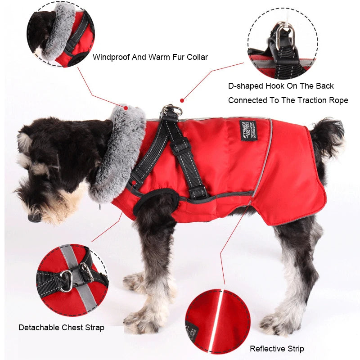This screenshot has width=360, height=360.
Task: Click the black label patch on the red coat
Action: coord(247,130)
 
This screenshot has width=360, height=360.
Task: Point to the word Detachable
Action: coord(39,327)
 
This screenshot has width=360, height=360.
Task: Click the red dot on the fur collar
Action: coord(126,108)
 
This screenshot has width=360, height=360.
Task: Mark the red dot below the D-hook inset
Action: coord(182,100)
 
